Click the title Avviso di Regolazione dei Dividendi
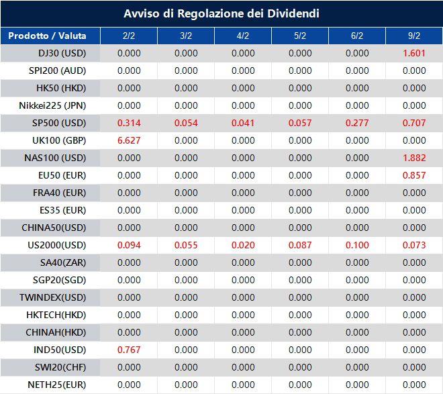222,13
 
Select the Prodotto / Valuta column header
47,36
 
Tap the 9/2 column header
414,36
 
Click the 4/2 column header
243,36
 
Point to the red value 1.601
414,53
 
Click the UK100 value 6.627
129,140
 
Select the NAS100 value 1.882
414,158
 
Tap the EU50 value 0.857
414,175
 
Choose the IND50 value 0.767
129,350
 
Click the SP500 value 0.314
129,123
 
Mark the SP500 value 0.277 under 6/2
357,123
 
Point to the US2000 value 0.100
357,245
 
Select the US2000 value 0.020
243,245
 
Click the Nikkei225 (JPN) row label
53,105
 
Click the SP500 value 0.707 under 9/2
414,123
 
